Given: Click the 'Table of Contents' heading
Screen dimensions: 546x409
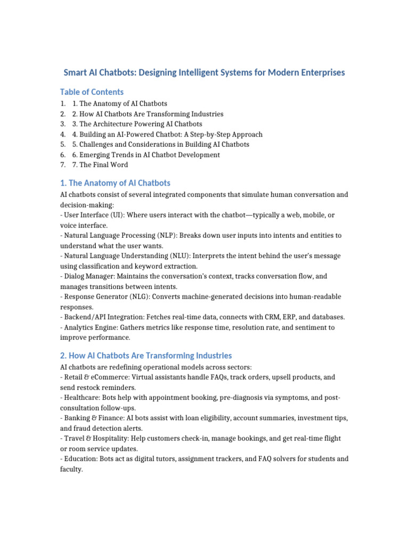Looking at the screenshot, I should [x=92, y=92].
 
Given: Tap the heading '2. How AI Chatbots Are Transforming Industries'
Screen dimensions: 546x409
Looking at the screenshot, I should [x=146, y=355].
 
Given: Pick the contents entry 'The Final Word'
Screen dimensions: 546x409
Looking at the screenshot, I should [x=103, y=165].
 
